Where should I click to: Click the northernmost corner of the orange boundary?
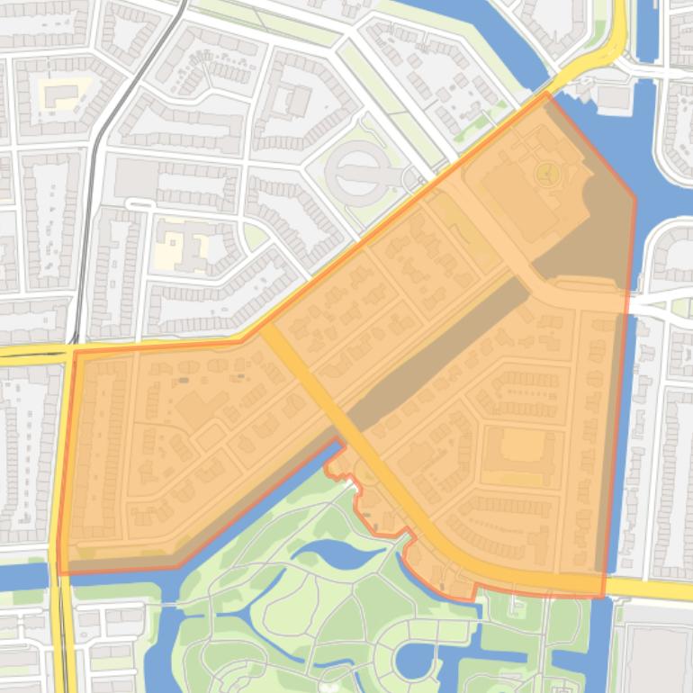point(546,93)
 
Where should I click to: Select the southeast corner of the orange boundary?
point(604,595)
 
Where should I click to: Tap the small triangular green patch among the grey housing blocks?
point(255,236)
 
